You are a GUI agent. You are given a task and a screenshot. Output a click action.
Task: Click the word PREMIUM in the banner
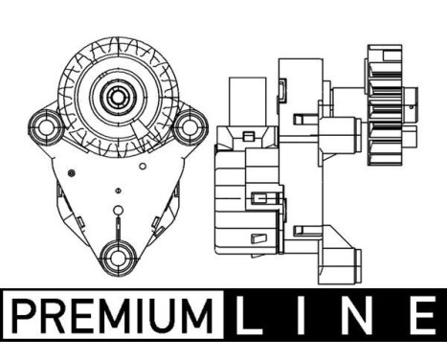[x=112, y=315]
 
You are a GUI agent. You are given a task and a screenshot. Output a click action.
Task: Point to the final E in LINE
[x=425, y=315]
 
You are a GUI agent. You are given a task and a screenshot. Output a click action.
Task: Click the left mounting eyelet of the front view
[x=46, y=127]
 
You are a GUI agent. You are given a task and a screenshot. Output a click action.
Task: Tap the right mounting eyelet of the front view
[x=190, y=127]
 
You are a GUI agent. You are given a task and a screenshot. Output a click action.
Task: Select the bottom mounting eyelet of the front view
[x=118, y=258]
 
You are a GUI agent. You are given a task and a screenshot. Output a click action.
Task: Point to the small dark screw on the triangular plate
[x=72, y=173]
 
